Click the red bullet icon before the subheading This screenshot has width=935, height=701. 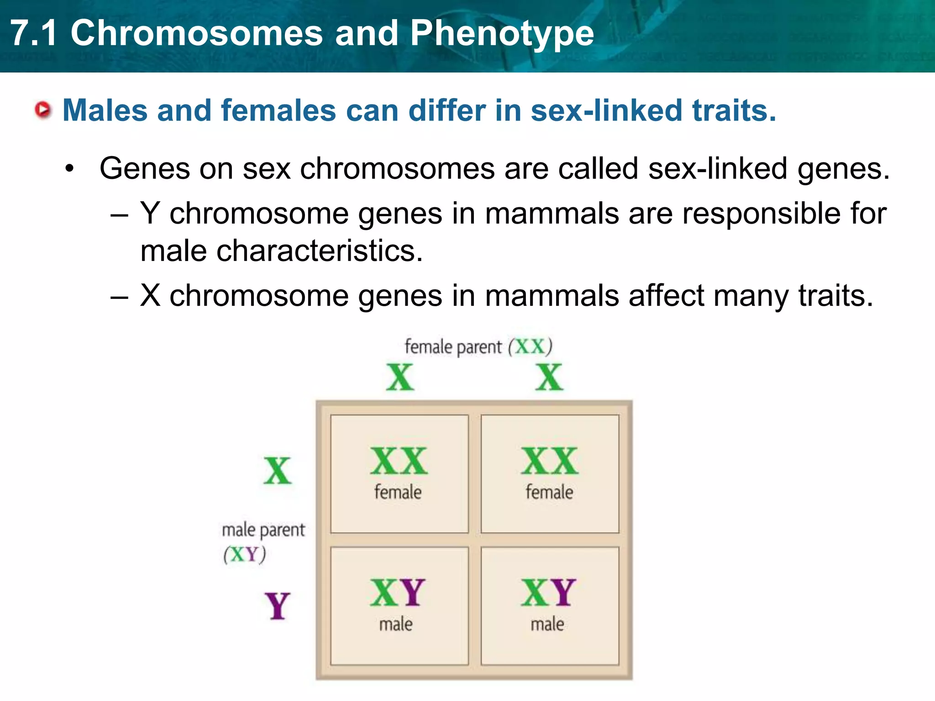pyautogui.click(x=43, y=110)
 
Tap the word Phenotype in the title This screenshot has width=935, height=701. pyautogui.click(x=502, y=33)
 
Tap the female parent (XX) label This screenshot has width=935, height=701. pyautogui.click(x=478, y=347)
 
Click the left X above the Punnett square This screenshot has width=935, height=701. pyautogui.click(x=400, y=377)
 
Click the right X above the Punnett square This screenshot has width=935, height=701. pyautogui.click(x=549, y=377)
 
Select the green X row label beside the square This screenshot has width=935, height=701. pyautogui.click(x=277, y=471)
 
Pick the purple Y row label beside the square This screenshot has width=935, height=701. pyautogui.click(x=277, y=606)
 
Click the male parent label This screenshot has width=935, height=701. pyautogui.click(x=263, y=530)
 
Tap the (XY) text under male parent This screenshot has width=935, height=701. pyautogui.click(x=244, y=555)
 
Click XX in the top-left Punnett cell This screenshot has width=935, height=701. pyautogui.click(x=399, y=461)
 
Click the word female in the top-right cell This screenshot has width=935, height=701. pyautogui.click(x=549, y=492)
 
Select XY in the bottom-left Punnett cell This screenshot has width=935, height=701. pyautogui.click(x=397, y=593)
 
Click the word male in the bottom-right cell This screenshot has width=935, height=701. pyautogui.click(x=547, y=624)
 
